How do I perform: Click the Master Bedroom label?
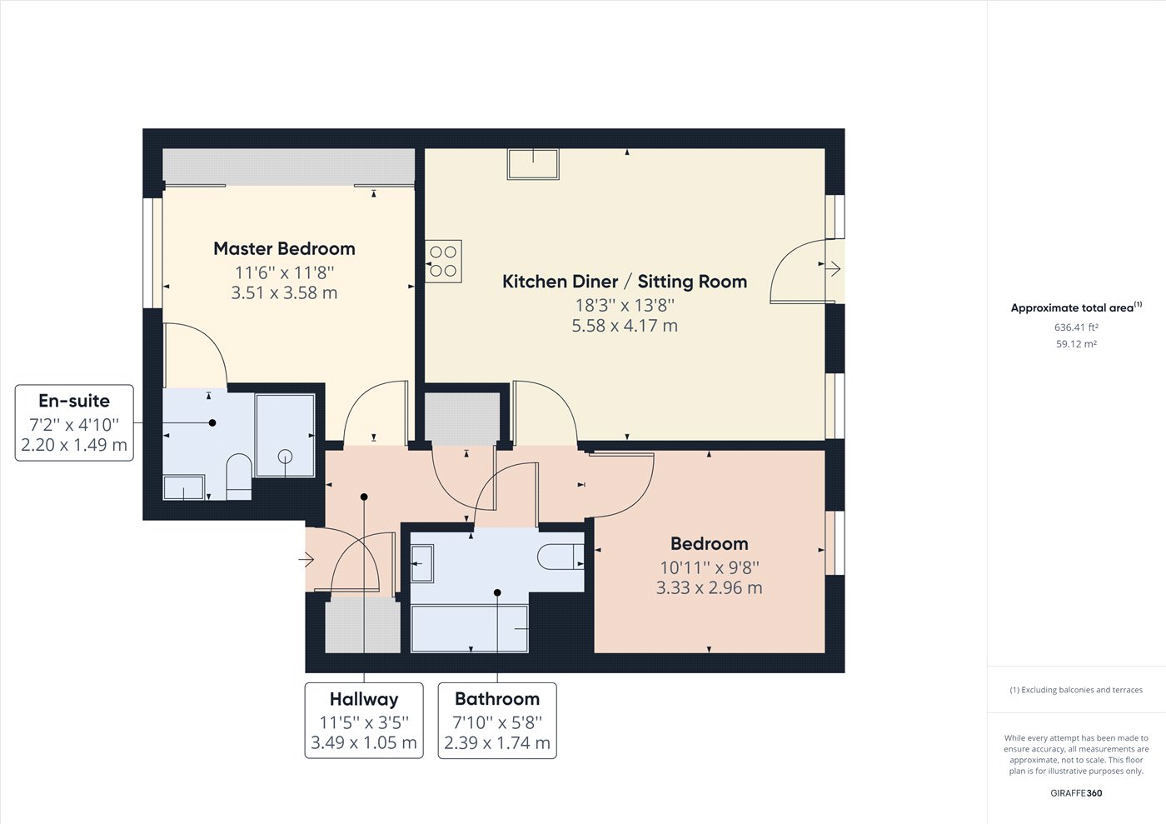pos(284,248)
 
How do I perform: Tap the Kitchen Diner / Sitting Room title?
pos(625,282)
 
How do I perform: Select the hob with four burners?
pos(443,261)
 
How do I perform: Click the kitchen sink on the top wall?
pos(533,164)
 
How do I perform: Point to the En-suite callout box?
pos(74,423)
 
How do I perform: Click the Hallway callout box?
pos(364,721)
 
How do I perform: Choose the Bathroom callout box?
pos(497,721)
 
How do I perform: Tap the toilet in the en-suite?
pos(240,477)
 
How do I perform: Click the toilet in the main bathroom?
pos(561,557)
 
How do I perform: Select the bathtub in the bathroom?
pos(470,628)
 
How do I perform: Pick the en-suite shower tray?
pos(285,436)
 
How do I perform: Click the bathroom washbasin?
pos(422,563)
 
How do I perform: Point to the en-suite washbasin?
pos(184,487)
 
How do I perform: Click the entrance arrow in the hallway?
pos(306,560)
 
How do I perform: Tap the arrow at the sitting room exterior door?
pos(834,269)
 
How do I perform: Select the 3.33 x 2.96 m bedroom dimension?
pos(709,587)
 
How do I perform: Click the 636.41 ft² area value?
pos(1076,327)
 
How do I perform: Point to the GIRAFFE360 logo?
pos(1076,792)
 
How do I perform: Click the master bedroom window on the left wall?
pos(152,253)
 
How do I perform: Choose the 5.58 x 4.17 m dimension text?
pos(625,326)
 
